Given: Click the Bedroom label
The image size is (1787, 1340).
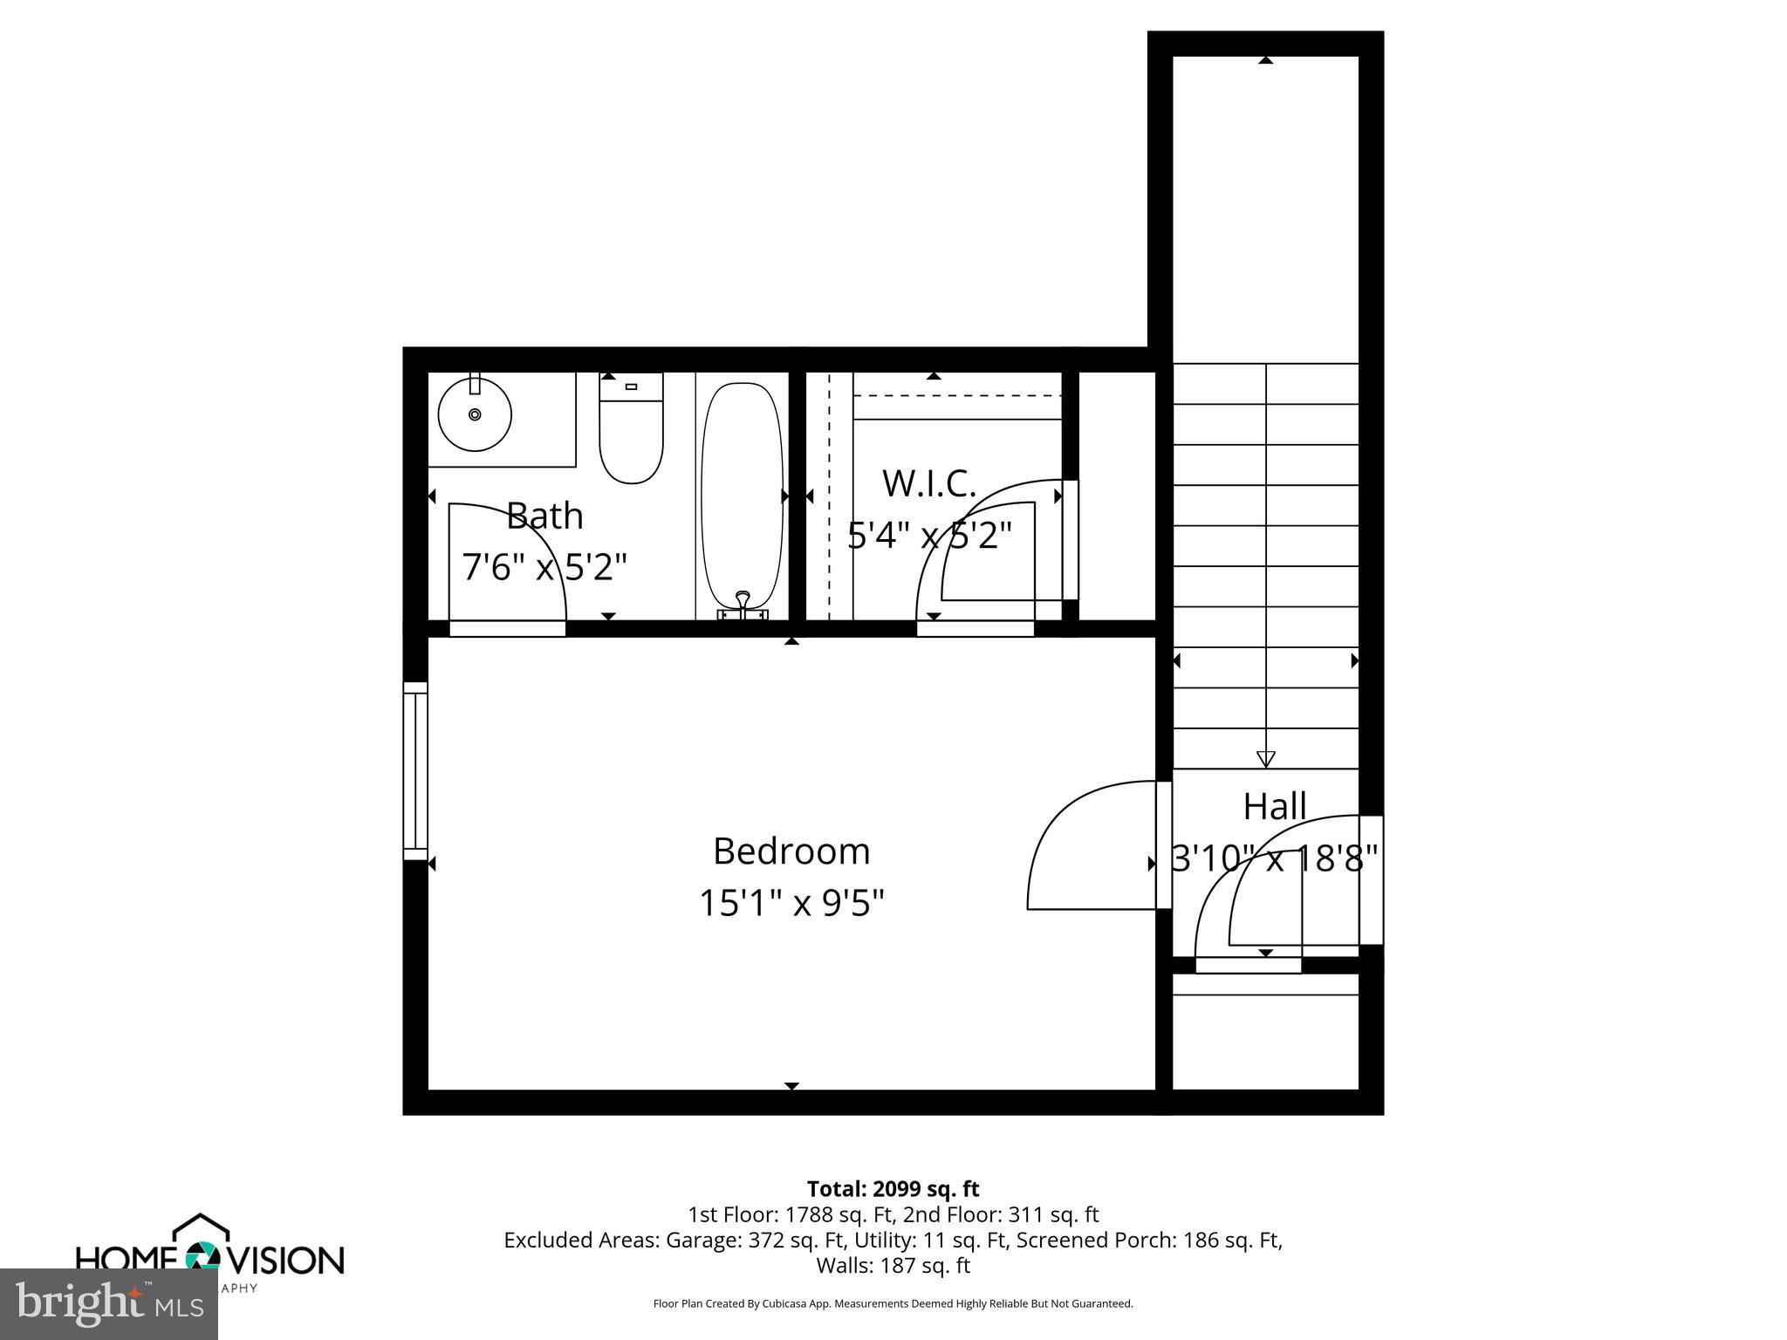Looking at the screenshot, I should pos(791,851).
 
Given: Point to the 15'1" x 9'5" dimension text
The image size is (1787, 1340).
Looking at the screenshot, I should pos(791,903).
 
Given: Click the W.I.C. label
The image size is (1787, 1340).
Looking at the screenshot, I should pos(928,484).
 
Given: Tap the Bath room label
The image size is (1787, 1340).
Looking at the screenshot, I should pos(544,516).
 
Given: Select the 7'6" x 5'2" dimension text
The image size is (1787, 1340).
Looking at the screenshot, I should pos(544,568).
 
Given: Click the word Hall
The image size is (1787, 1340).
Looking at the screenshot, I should pos(1274,807).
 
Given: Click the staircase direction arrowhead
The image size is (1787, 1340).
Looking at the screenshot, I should pos(1265,758).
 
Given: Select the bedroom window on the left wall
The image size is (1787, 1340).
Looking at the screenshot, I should pos(415,770).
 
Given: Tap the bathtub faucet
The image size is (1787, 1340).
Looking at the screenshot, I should pos(743,602).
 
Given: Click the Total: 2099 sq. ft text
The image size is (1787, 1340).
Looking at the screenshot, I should pos(893,1189).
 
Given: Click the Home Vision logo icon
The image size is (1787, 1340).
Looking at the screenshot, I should pos(202,1256).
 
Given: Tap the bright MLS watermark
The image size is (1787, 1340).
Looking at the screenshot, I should pos(109,1304).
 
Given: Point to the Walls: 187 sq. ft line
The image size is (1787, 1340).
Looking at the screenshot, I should pos(893,1265).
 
